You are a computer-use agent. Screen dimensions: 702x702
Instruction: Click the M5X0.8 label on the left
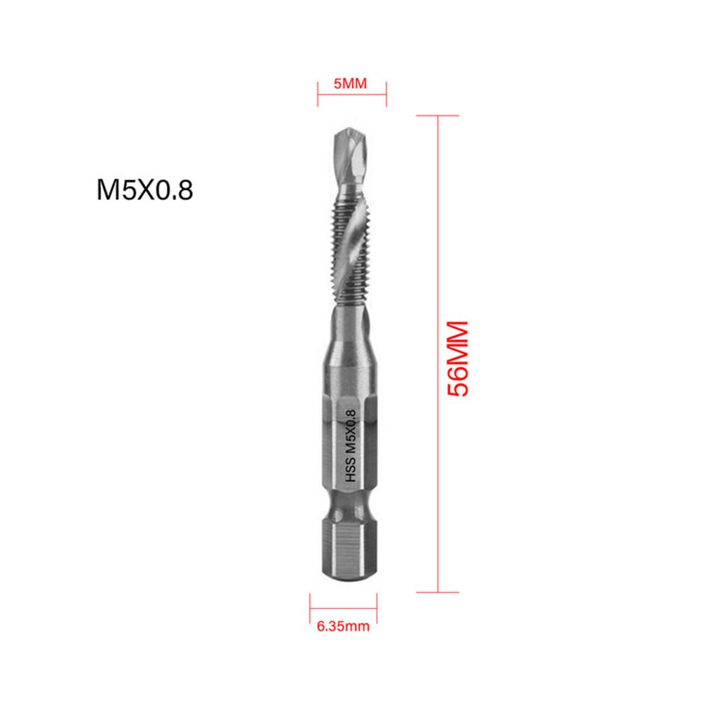(144, 190)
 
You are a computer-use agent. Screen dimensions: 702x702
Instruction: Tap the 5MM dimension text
(351, 83)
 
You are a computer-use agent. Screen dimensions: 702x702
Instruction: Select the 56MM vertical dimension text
(457, 359)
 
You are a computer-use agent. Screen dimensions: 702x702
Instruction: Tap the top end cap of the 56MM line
(438, 116)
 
